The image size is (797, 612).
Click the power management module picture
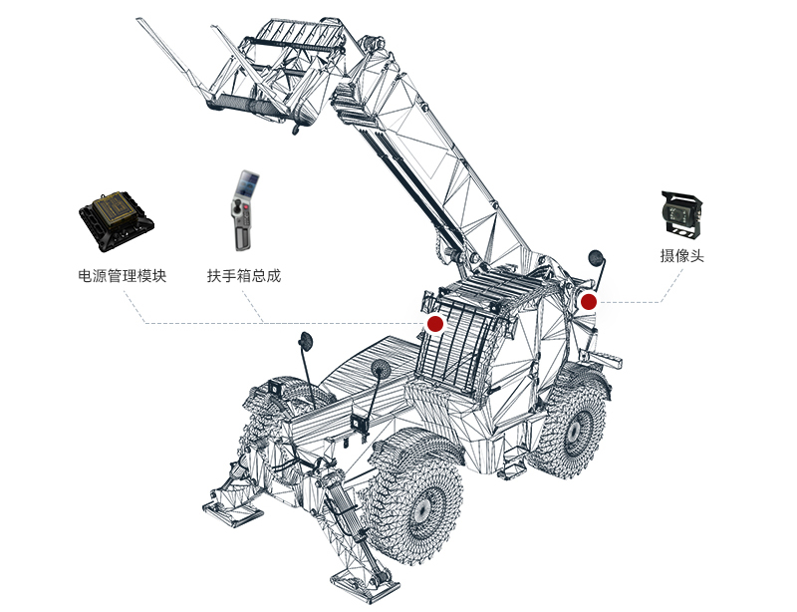tap(117, 221)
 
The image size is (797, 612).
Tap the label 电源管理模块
tap(122, 276)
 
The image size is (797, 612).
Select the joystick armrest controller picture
tap(244, 210)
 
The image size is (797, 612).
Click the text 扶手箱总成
tap(244, 276)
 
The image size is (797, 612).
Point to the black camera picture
tap(682, 214)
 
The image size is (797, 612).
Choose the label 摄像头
tap(682, 255)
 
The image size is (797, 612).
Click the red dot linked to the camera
tap(589, 302)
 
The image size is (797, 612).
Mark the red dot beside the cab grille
tap(435, 324)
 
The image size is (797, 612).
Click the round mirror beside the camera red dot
tap(595, 258)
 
